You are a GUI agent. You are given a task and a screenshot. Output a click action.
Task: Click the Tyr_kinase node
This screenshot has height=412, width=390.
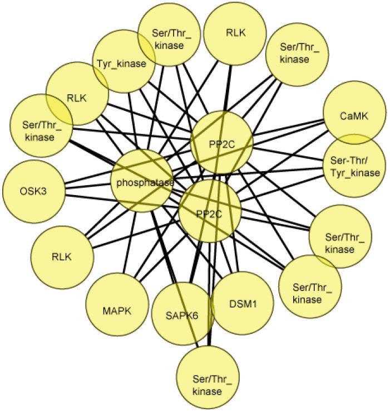tap(121, 62)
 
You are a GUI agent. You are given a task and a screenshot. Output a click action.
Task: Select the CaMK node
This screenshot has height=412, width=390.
tap(354, 117)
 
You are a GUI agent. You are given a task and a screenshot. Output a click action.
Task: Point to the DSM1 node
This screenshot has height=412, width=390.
tap(243, 304)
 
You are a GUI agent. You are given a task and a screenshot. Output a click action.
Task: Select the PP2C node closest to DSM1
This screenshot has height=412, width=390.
tap(211, 211)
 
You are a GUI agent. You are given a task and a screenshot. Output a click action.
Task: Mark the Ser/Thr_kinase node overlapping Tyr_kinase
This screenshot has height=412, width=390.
tap(169, 38)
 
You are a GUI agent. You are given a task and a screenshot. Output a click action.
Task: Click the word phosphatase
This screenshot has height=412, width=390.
tap(145, 182)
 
